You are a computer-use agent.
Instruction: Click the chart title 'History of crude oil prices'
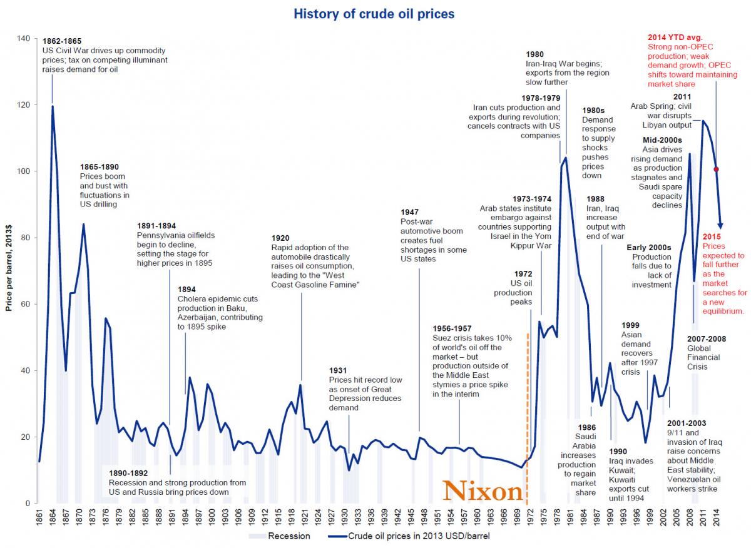point(374,13)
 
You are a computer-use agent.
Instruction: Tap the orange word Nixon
point(483,491)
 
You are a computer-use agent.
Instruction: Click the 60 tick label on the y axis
point(25,304)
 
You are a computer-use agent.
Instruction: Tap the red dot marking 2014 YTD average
point(716,169)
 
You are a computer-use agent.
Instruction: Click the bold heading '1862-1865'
point(62,41)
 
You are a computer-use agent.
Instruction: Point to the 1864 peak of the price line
point(53,106)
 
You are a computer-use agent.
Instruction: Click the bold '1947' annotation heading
point(411,213)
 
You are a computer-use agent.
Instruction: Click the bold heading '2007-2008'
point(706,339)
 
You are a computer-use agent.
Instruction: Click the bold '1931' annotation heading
point(339,371)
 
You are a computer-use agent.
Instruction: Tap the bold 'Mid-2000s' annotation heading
point(662,140)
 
